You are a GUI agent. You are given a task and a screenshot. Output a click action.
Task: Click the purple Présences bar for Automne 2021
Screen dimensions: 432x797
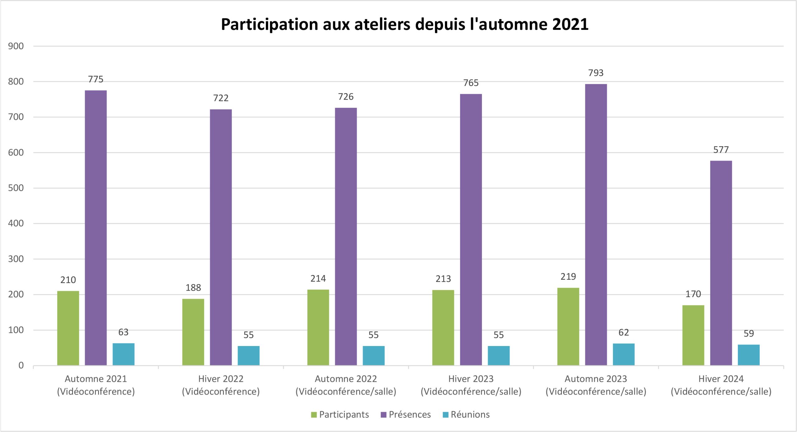pyautogui.click(x=96, y=228)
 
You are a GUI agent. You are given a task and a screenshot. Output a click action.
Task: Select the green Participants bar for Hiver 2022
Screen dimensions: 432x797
pyautogui.click(x=193, y=332)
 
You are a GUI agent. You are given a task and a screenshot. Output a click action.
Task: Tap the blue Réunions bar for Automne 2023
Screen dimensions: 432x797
pyautogui.click(x=624, y=354)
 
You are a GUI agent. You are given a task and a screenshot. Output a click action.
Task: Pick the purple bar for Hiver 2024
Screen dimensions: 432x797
pyautogui.click(x=721, y=263)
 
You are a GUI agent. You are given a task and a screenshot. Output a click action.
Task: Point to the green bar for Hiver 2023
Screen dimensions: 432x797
pyautogui.click(x=443, y=328)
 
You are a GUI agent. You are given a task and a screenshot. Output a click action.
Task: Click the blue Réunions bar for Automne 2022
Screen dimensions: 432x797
pyautogui.click(x=374, y=356)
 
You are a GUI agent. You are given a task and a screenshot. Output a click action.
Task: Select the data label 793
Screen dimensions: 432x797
pyautogui.click(x=596, y=73)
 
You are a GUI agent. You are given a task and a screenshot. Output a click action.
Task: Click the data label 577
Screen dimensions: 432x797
pyautogui.click(x=721, y=150)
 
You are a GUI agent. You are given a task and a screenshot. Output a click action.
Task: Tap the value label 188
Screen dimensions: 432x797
pyautogui.click(x=193, y=287)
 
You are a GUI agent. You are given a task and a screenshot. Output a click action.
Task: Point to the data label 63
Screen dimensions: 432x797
pyautogui.click(x=123, y=332)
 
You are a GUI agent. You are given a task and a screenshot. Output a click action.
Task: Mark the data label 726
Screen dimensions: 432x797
pyautogui.click(x=346, y=97)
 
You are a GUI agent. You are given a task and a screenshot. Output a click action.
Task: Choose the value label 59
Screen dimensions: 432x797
pyautogui.click(x=748, y=334)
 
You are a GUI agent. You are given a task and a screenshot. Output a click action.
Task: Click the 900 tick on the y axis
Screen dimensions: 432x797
pyautogui.click(x=16, y=46)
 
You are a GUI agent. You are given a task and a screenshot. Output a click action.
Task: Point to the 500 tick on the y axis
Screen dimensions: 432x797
pyautogui.click(x=16, y=188)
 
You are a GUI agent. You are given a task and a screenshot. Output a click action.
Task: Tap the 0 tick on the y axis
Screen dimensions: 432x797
pyautogui.click(x=21, y=365)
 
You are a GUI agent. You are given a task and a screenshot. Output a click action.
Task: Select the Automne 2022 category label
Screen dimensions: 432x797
pyautogui.click(x=346, y=385)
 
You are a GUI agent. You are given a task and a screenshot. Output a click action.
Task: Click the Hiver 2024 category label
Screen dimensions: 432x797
pyautogui.click(x=721, y=385)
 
